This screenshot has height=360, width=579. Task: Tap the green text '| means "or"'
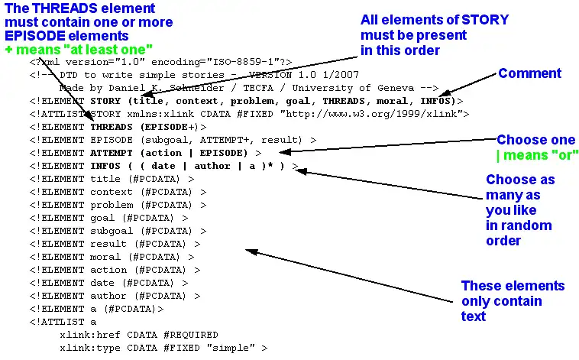[538, 155]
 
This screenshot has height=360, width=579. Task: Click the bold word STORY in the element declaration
[105, 100]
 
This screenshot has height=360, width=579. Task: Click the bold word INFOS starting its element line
[105, 166]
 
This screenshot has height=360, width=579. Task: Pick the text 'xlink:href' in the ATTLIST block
[86, 335]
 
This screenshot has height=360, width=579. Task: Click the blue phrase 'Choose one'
[535, 141]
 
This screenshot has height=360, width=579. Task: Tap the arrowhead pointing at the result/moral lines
[249, 250]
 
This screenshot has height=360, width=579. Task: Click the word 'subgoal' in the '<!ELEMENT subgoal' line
[112, 231]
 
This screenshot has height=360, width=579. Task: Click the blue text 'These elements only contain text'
[512, 300]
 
